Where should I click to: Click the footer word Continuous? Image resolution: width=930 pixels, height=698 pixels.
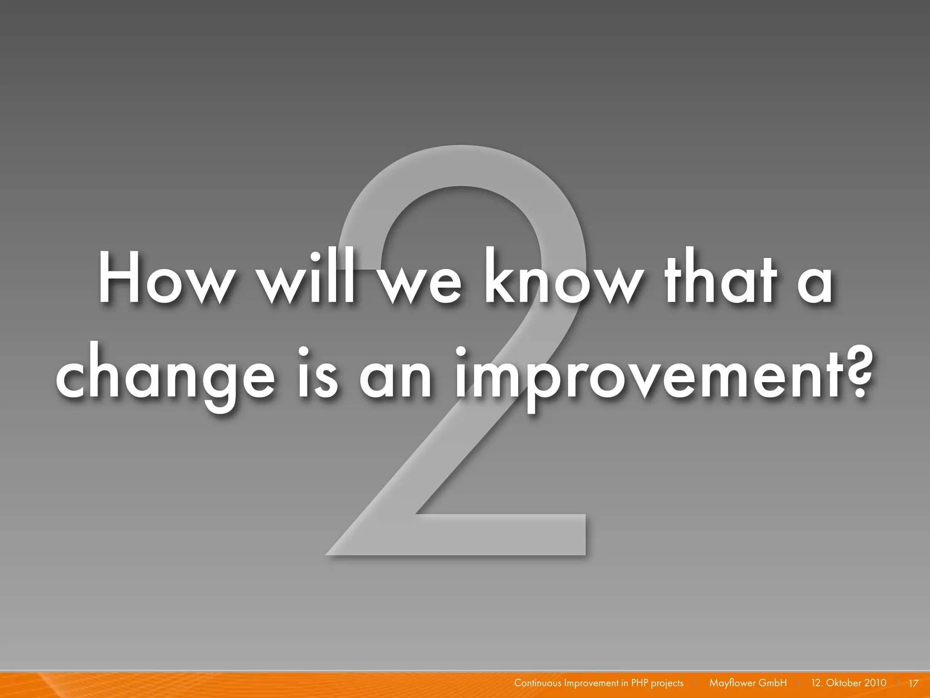(x=538, y=683)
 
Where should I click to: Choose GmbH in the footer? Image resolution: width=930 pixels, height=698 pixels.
(x=772, y=683)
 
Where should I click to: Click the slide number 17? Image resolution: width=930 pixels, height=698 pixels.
(x=913, y=683)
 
